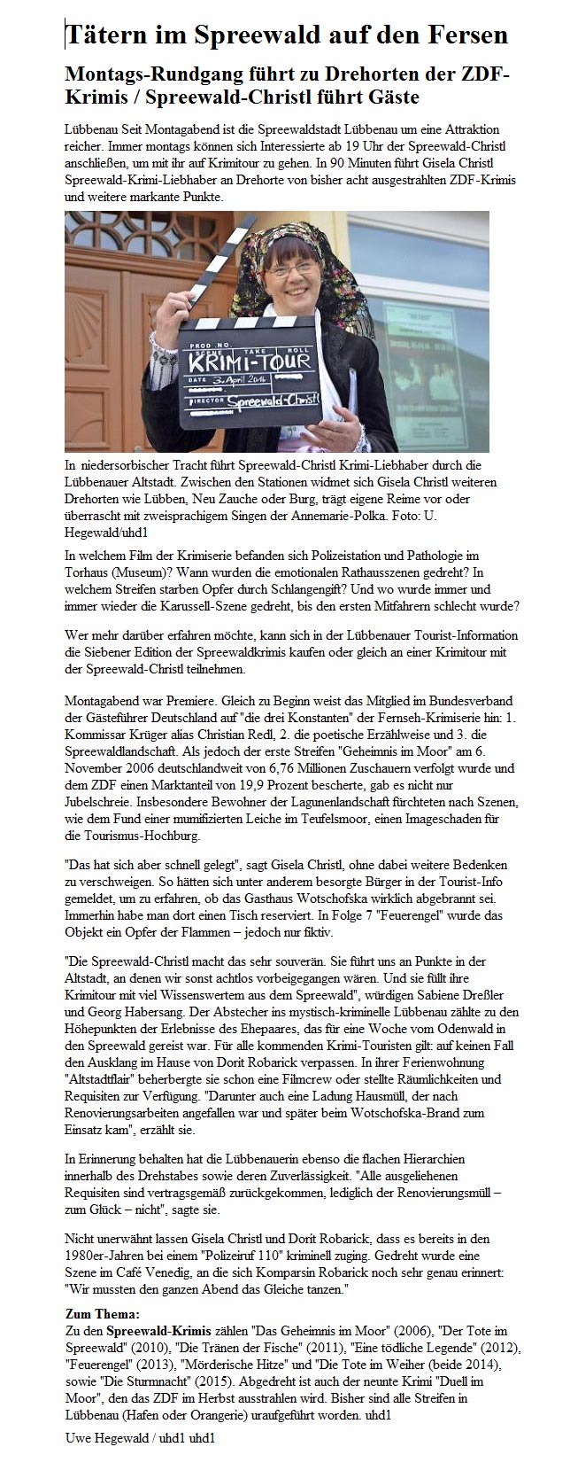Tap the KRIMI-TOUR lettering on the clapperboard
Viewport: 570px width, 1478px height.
247,361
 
